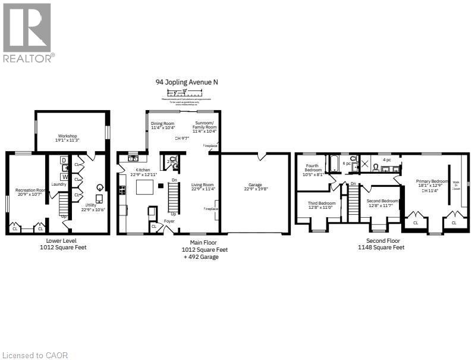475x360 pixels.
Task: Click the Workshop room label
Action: coord(68,136)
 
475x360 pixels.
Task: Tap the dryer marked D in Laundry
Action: coord(64,161)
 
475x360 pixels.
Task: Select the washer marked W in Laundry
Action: coord(64,176)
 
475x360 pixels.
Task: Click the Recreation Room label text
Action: coord(30,190)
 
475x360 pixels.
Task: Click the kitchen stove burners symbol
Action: coord(122,190)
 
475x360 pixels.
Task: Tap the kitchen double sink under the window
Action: coord(133,158)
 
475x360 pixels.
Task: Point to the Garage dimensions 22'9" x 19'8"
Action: coord(256,189)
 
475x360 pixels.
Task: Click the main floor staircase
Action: coord(174,196)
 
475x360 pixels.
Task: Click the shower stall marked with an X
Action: coord(366,162)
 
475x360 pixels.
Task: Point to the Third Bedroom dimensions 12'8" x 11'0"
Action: coord(322,207)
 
